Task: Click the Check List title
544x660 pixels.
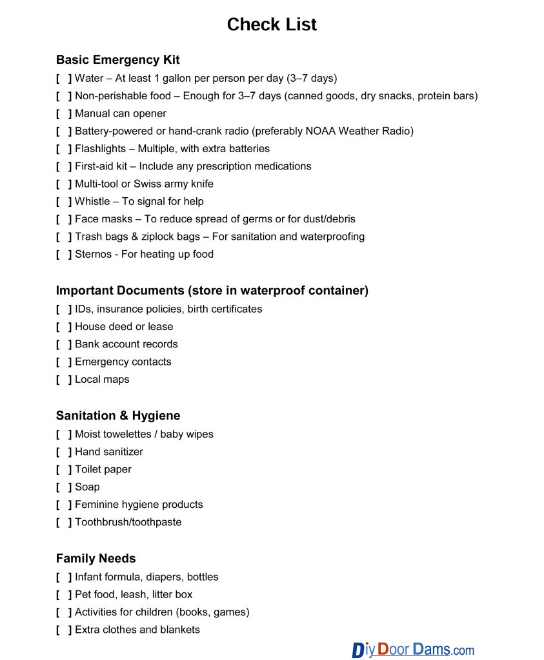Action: point(272,24)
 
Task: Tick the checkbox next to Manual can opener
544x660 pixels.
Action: point(64,113)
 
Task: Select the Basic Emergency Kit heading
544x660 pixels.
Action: point(117,60)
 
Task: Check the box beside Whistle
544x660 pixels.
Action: point(64,201)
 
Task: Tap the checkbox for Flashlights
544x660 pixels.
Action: point(64,149)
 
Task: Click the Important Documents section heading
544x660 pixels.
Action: point(212,291)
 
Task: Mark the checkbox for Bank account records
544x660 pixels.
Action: point(64,344)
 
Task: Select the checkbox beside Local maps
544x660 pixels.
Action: point(64,380)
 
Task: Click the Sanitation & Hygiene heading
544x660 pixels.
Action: point(118,416)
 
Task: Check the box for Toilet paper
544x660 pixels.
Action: point(64,469)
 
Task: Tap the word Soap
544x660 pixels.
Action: point(87,487)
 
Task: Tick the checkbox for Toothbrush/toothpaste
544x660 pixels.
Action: point(64,522)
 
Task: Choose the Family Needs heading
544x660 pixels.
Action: point(96,558)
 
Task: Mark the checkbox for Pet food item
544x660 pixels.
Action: point(64,594)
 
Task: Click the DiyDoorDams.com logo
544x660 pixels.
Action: point(413,649)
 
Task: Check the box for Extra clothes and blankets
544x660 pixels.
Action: point(64,630)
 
